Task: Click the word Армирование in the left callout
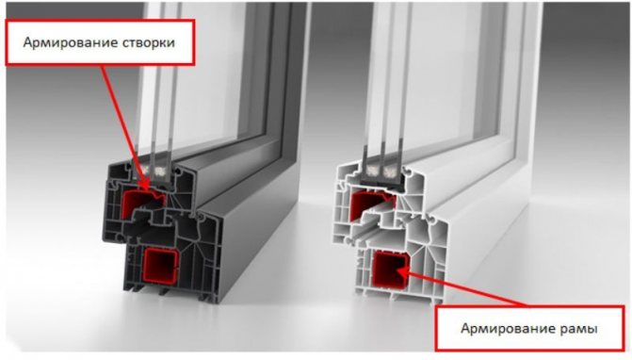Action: point(64,42)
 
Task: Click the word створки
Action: point(142,42)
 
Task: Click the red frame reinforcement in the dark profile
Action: point(160,266)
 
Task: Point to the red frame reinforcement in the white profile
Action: point(389,269)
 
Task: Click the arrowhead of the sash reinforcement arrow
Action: point(143,181)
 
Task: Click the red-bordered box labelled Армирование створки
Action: point(100,41)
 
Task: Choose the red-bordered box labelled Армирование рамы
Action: point(529,328)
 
